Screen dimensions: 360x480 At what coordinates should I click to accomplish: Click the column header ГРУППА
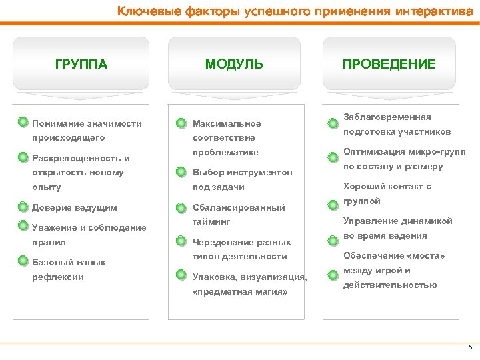[x=81, y=65]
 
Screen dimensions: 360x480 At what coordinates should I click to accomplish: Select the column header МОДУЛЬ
[x=234, y=65]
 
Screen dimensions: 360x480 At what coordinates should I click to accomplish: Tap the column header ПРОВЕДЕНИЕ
[x=389, y=65]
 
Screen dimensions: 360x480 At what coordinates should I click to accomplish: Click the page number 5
[x=470, y=347]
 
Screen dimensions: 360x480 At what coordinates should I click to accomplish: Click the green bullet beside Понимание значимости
[x=23, y=122]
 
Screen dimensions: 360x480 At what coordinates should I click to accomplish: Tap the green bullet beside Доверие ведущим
[x=23, y=207]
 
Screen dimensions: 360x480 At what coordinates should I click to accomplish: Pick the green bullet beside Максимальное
[x=181, y=123]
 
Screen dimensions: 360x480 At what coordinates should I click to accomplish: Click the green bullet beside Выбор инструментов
[x=181, y=172]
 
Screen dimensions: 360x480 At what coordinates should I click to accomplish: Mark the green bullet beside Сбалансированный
[x=181, y=207]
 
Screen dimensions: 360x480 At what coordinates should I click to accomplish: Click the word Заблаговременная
[x=387, y=117]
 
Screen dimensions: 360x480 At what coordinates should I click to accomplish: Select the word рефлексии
[x=58, y=277]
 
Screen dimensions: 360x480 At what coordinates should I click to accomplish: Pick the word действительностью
[x=390, y=285]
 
